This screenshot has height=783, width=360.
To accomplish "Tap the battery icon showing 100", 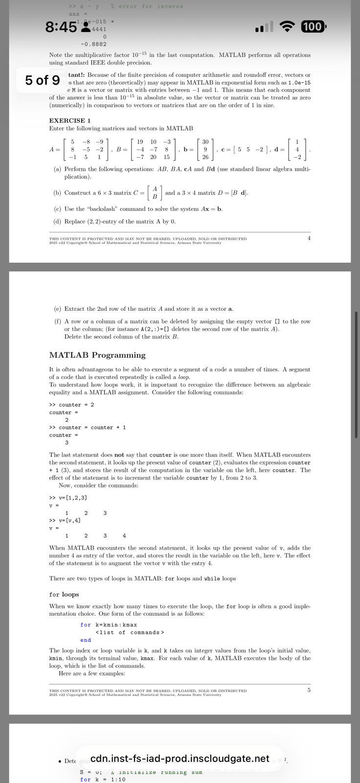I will click(x=313, y=26).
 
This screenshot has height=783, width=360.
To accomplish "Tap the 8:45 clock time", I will click(x=61, y=27).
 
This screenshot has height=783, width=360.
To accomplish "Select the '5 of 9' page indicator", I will click(x=43, y=79).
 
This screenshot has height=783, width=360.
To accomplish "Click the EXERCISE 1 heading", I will click(x=70, y=120).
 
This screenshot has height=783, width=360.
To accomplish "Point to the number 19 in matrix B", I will click(x=140, y=141).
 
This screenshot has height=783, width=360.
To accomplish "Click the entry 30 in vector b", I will click(x=205, y=141).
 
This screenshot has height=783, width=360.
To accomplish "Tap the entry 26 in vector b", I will click(x=205, y=157).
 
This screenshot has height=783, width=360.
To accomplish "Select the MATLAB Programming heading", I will click(x=97, y=355).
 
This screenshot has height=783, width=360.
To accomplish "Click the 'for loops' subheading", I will click(x=64, y=594).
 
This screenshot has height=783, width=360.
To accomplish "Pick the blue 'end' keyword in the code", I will click(x=86, y=640).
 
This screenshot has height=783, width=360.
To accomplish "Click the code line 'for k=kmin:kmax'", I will click(x=109, y=624).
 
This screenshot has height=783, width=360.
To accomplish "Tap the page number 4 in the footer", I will click(x=309, y=238).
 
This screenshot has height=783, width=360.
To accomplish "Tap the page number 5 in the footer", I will click(x=309, y=690).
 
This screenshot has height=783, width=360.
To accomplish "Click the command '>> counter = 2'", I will click(x=72, y=405).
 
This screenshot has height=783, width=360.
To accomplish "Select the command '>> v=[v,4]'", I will click(x=65, y=520).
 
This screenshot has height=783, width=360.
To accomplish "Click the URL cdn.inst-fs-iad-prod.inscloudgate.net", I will click(x=180, y=759).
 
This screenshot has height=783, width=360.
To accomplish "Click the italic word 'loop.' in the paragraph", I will click(x=184, y=377).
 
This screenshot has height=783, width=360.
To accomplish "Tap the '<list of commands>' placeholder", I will click(x=130, y=632).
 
